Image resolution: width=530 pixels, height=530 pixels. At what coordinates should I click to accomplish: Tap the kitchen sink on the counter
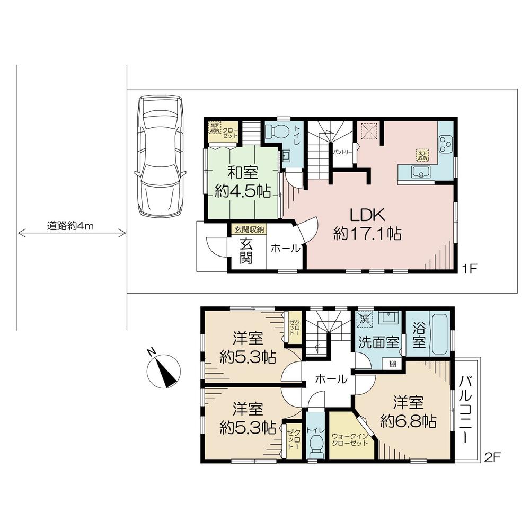tap(420, 172)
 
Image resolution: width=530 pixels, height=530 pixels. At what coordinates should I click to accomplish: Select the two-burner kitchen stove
tap(446, 143)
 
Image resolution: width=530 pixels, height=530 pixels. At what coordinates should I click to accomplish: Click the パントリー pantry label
tap(343, 151)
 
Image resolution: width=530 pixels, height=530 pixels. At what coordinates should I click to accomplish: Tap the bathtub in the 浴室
tap(440, 335)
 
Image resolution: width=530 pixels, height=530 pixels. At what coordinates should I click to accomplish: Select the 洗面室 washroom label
tap(378, 342)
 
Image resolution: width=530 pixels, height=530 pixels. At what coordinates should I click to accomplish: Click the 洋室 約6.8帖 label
tap(408, 412)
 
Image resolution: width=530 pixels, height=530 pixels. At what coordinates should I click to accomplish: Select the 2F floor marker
tap(493, 456)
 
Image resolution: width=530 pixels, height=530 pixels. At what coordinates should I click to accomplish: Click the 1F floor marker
tap(470, 268)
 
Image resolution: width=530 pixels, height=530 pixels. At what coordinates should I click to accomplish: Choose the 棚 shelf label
tap(392, 364)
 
